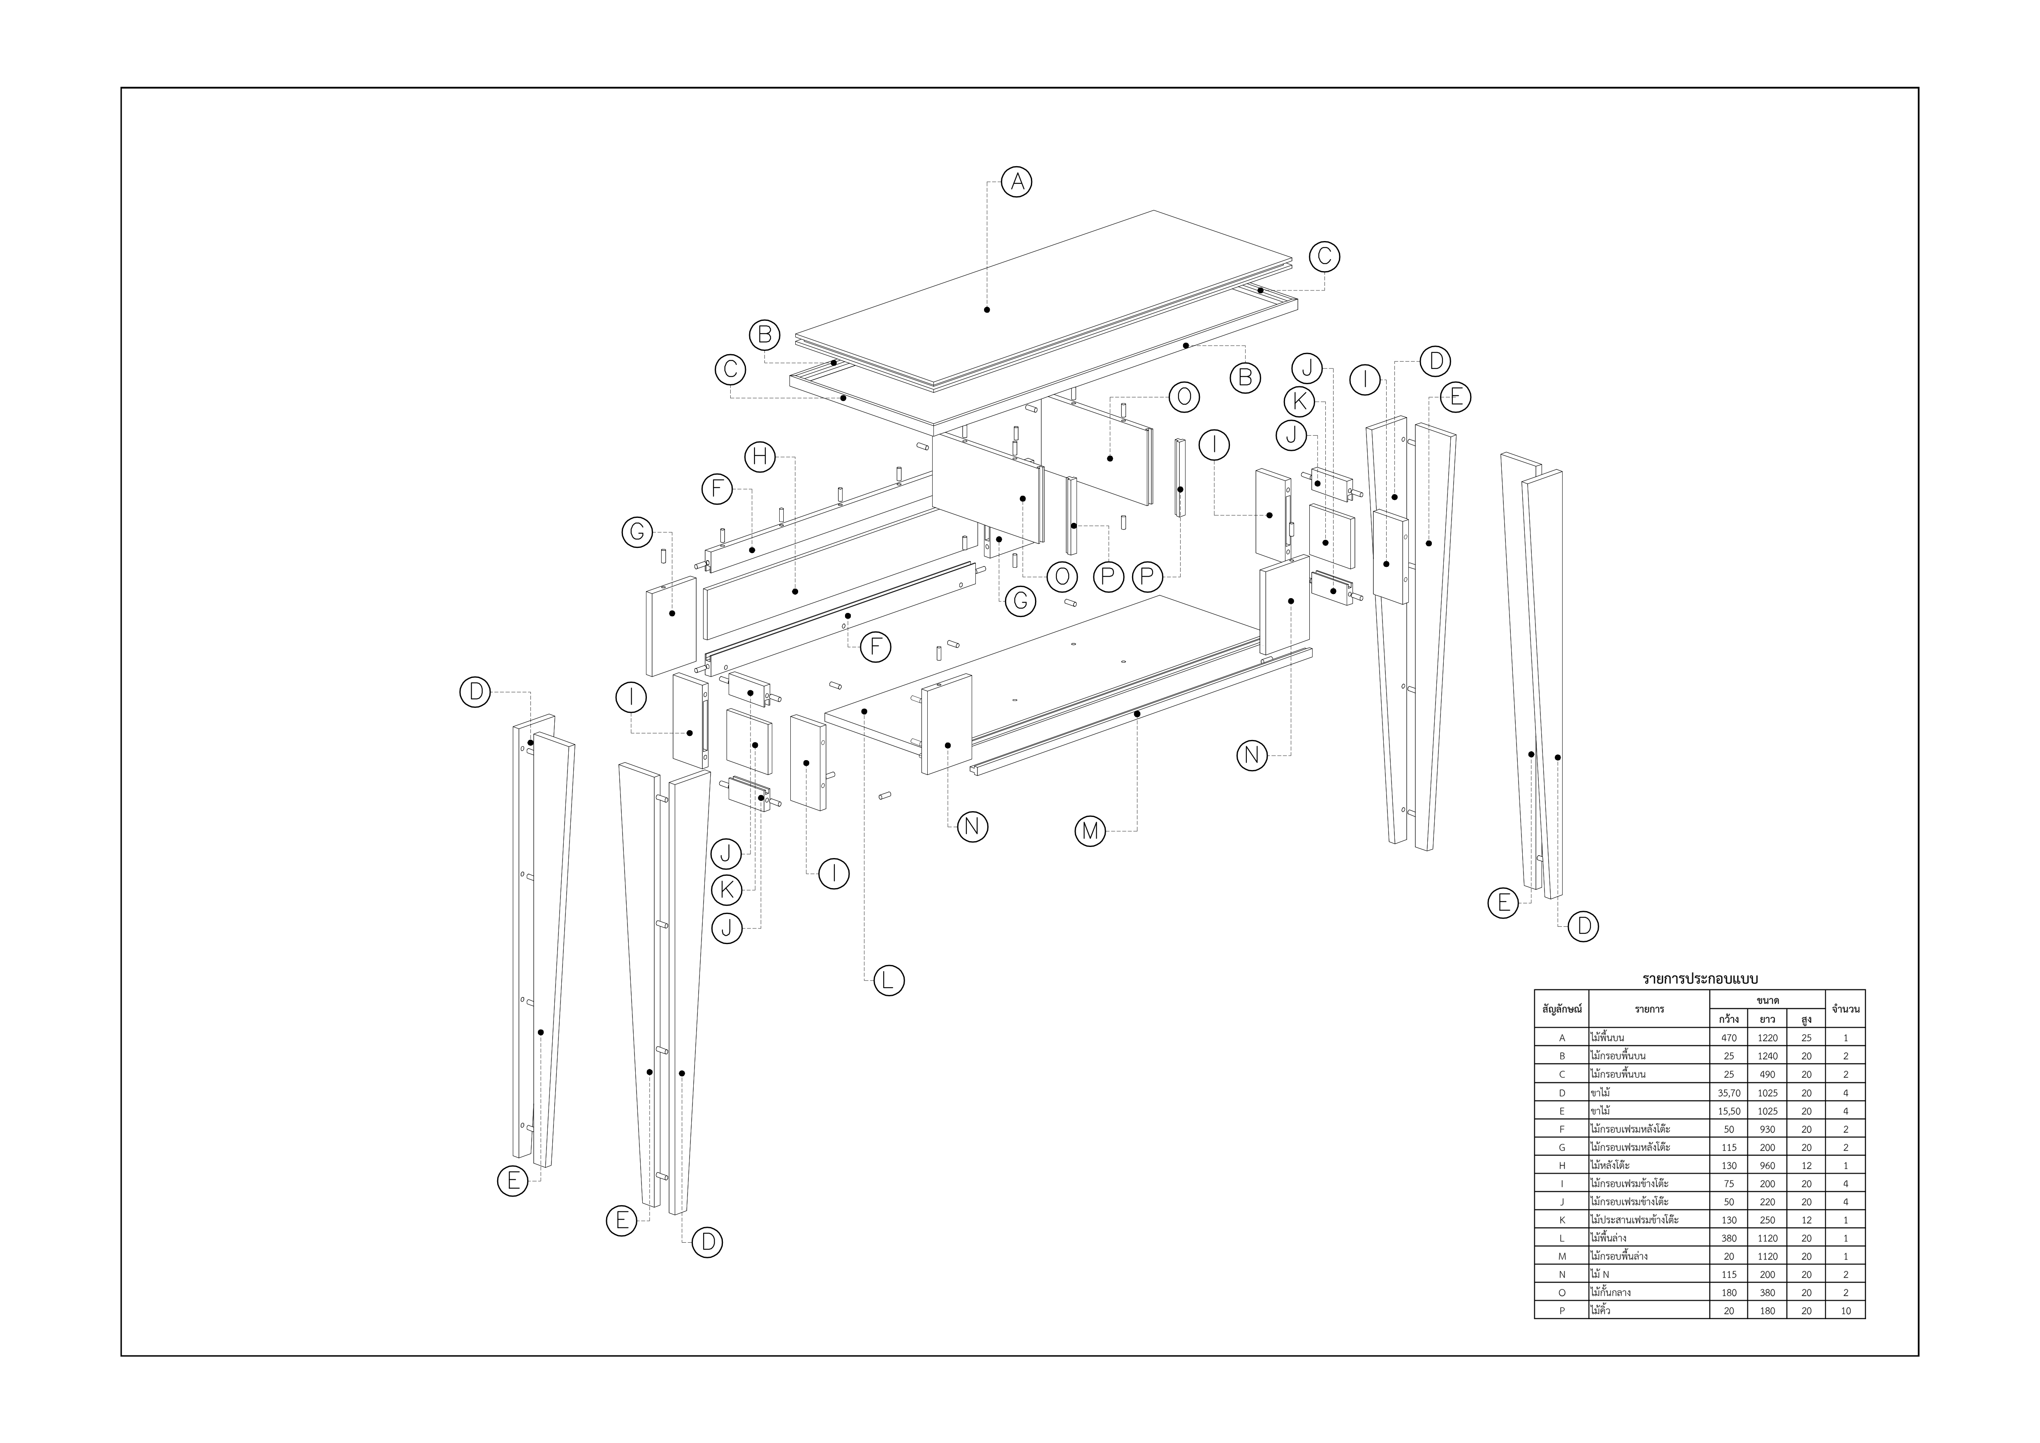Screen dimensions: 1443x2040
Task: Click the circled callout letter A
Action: coord(1017,182)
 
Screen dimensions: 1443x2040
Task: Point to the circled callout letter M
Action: coord(1090,832)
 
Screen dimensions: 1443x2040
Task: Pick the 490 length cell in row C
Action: coord(1767,1074)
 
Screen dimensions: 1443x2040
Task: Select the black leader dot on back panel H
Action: coord(795,591)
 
